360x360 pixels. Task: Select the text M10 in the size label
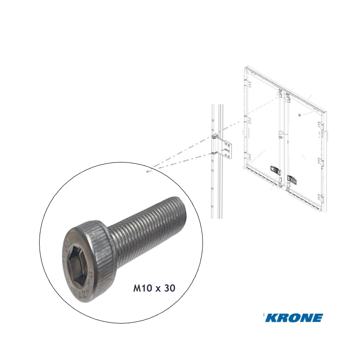141,288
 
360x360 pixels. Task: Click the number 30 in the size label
170,288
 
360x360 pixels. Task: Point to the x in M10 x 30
157,289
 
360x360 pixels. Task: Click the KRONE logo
294,318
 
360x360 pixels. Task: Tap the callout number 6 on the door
299,115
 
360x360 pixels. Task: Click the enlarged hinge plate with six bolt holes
227,150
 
